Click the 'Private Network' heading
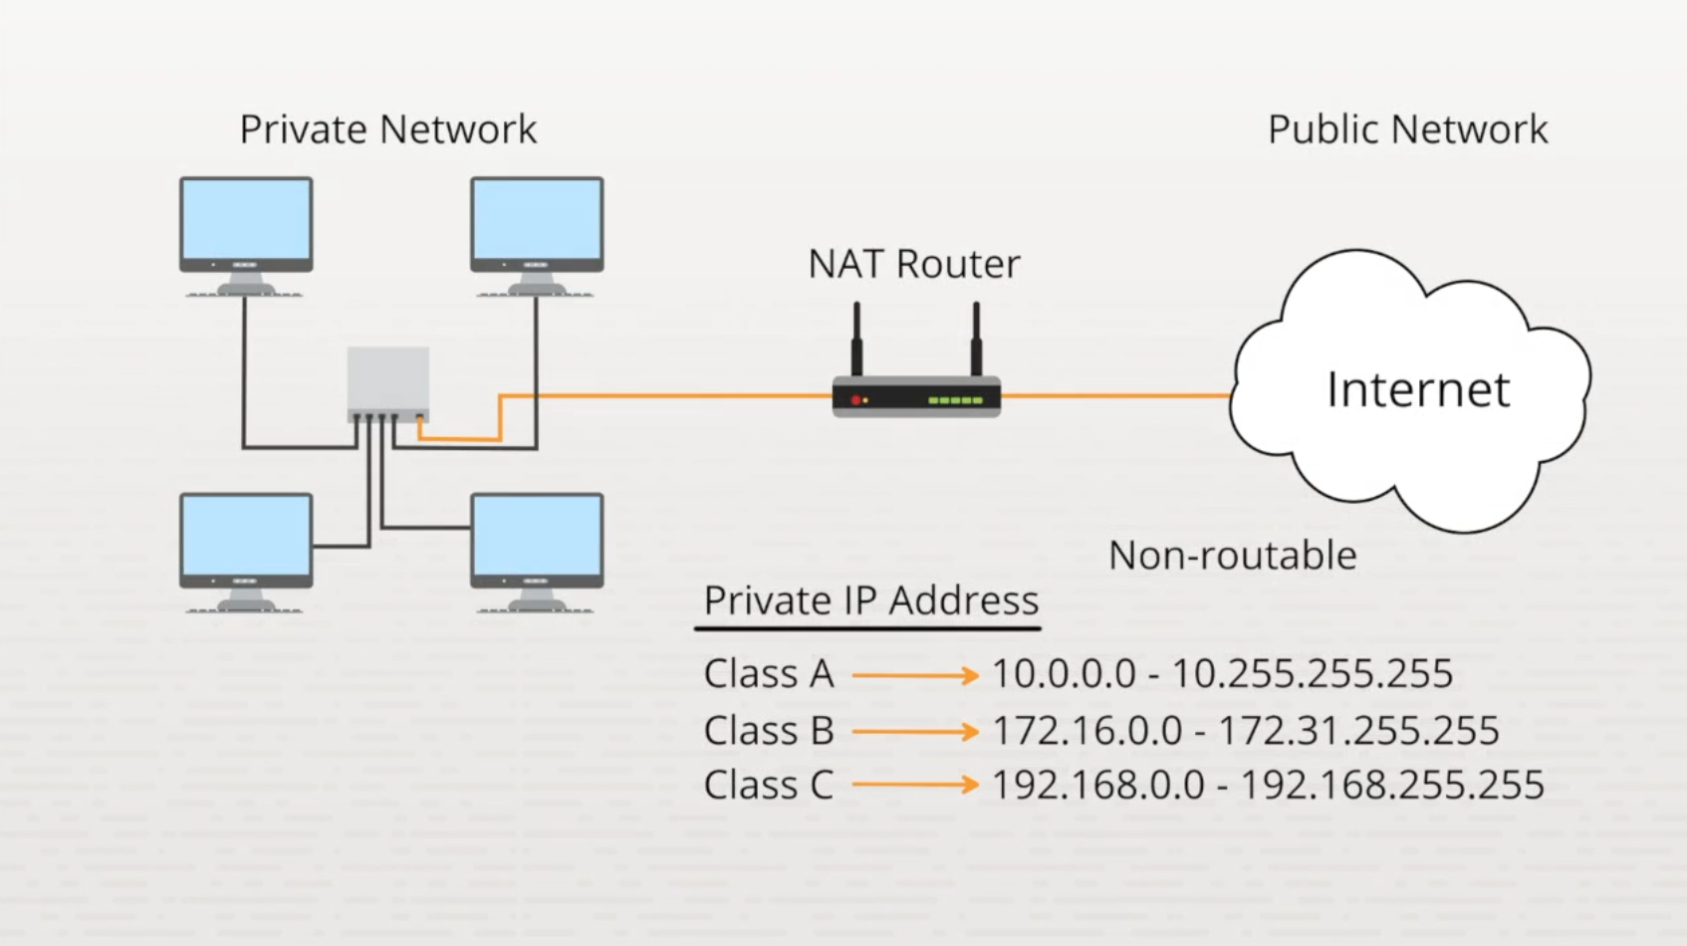(387, 129)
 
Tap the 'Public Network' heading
(1406, 129)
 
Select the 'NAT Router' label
(913, 264)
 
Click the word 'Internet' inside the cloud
(1417, 389)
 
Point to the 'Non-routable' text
(1232, 556)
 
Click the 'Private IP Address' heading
(870, 600)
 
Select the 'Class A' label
(768, 674)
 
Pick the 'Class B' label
(768, 731)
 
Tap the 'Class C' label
(768, 786)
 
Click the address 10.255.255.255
(1312, 674)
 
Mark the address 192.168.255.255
(1390, 786)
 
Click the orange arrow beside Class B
(914, 732)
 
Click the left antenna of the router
(856, 339)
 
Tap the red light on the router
(855, 400)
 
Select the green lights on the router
(955, 400)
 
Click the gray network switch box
(387, 380)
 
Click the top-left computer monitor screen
(246, 219)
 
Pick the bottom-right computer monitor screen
(537, 536)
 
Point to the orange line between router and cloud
(1115, 395)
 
